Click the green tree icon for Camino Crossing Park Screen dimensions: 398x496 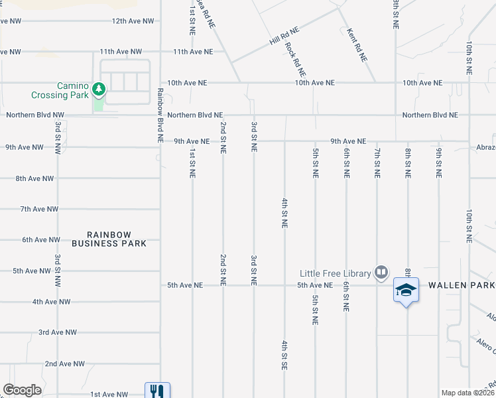tap(99, 88)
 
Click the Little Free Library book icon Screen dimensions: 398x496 tap(381, 272)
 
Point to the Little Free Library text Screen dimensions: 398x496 tap(335, 273)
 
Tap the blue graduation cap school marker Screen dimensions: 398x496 tap(406, 290)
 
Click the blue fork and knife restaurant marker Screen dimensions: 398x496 tap(157, 391)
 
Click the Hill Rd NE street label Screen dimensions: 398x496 tap(284, 36)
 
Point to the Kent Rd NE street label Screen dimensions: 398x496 tap(356, 45)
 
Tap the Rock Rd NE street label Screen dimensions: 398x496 tap(295, 58)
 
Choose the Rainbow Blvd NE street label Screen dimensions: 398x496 tap(160, 115)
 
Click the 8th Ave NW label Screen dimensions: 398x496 tap(35, 178)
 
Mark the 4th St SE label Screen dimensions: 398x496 tap(284, 355)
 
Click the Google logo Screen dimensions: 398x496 tap(23, 389)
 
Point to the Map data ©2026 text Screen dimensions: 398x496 tap(467, 393)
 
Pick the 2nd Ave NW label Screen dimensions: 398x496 tap(64, 364)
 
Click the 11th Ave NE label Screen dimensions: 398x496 tap(192, 52)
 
